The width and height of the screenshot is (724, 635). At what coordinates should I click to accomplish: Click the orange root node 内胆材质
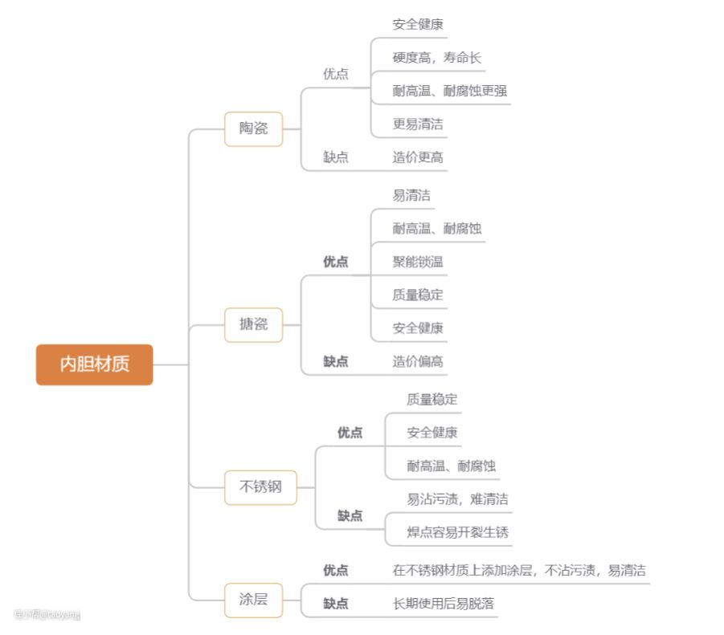(x=94, y=364)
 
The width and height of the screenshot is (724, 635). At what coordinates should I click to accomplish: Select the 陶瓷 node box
(x=254, y=128)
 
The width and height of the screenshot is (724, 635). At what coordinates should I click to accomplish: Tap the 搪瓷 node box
(x=254, y=325)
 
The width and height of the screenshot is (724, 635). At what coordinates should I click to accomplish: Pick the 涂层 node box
(x=254, y=600)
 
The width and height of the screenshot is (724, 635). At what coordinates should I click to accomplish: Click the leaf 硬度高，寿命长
(x=437, y=58)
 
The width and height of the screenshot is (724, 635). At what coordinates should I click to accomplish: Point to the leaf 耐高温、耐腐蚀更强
(x=450, y=91)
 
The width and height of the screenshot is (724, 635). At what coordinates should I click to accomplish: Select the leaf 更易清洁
(x=418, y=124)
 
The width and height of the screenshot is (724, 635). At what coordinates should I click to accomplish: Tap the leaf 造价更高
(x=418, y=157)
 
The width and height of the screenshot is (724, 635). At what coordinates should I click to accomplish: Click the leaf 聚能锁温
(x=418, y=262)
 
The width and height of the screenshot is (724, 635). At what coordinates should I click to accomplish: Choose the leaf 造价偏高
(x=418, y=361)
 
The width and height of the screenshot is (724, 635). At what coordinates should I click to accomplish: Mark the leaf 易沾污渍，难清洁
(x=457, y=499)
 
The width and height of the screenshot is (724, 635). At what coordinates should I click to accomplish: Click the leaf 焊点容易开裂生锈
(x=457, y=532)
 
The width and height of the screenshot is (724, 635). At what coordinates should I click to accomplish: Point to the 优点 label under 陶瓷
(x=336, y=74)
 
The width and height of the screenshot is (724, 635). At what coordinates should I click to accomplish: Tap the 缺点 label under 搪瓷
(x=336, y=361)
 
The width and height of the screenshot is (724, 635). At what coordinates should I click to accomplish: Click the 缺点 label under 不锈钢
(x=350, y=515)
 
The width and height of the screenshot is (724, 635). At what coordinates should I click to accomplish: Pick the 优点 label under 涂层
(x=336, y=571)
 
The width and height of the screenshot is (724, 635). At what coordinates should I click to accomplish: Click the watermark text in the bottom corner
(x=47, y=615)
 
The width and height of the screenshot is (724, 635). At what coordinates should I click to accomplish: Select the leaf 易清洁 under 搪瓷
(x=411, y=195)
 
